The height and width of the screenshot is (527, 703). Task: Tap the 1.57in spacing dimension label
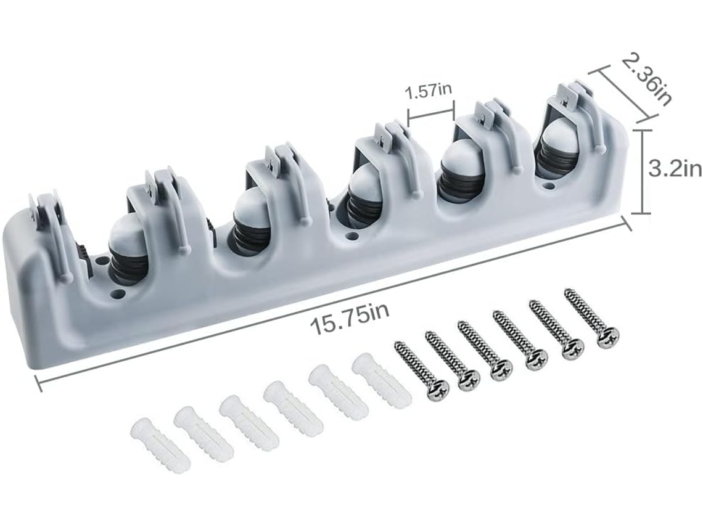pyautogui.click(x=428, y=91)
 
